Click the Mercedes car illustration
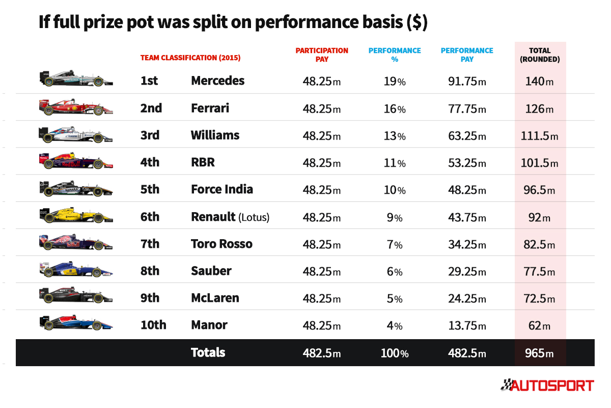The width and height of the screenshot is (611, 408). (76, 79)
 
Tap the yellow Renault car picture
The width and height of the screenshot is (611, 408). (76, 215)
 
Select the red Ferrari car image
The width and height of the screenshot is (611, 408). (76, 107)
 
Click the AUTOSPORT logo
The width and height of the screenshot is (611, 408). (547, 385)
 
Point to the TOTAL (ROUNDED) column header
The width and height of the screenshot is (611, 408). (540, 55)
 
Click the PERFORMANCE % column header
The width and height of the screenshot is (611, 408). (395, 55)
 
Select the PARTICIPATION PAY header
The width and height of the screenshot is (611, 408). (322, 55)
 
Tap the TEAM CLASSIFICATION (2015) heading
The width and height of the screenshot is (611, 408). (190, 58)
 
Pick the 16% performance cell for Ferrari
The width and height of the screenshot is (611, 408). (395, 109)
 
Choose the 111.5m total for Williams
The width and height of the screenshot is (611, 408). (540, 136)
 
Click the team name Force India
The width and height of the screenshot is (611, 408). (222, 189)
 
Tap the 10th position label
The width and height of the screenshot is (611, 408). (153, 325)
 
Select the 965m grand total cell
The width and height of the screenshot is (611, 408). (540, 353)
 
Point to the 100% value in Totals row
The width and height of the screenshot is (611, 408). (395, 353)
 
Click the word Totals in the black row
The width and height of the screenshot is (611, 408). (208, 352)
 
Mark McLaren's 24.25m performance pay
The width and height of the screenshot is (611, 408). (466, 298)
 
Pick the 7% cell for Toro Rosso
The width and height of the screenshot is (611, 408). (395, 244)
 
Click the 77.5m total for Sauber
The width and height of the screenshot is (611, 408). (540, 271)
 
